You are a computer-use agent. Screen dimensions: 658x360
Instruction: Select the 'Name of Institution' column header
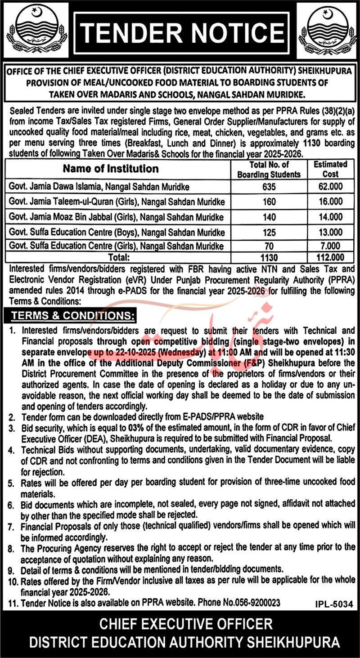tap(111, 169)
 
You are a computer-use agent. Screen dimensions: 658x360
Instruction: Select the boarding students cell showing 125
tap(269, 232)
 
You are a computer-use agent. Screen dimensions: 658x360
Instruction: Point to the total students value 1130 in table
tap(269, 258)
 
